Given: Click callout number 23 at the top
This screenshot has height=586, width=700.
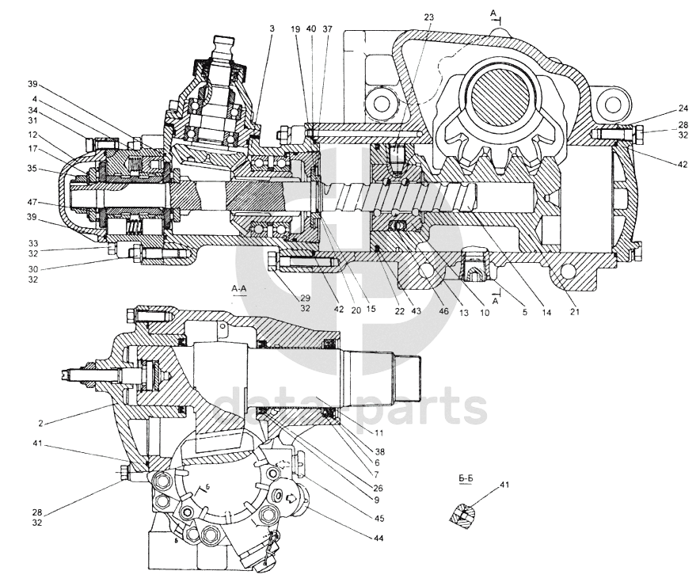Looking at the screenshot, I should click(x=430, y=17).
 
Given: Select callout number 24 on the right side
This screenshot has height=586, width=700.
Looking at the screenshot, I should click(x=660, y=110).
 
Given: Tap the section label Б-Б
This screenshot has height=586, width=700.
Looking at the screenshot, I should click(x=466, y=479).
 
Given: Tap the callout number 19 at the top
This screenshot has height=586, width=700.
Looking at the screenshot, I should click(x=295, y=29).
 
